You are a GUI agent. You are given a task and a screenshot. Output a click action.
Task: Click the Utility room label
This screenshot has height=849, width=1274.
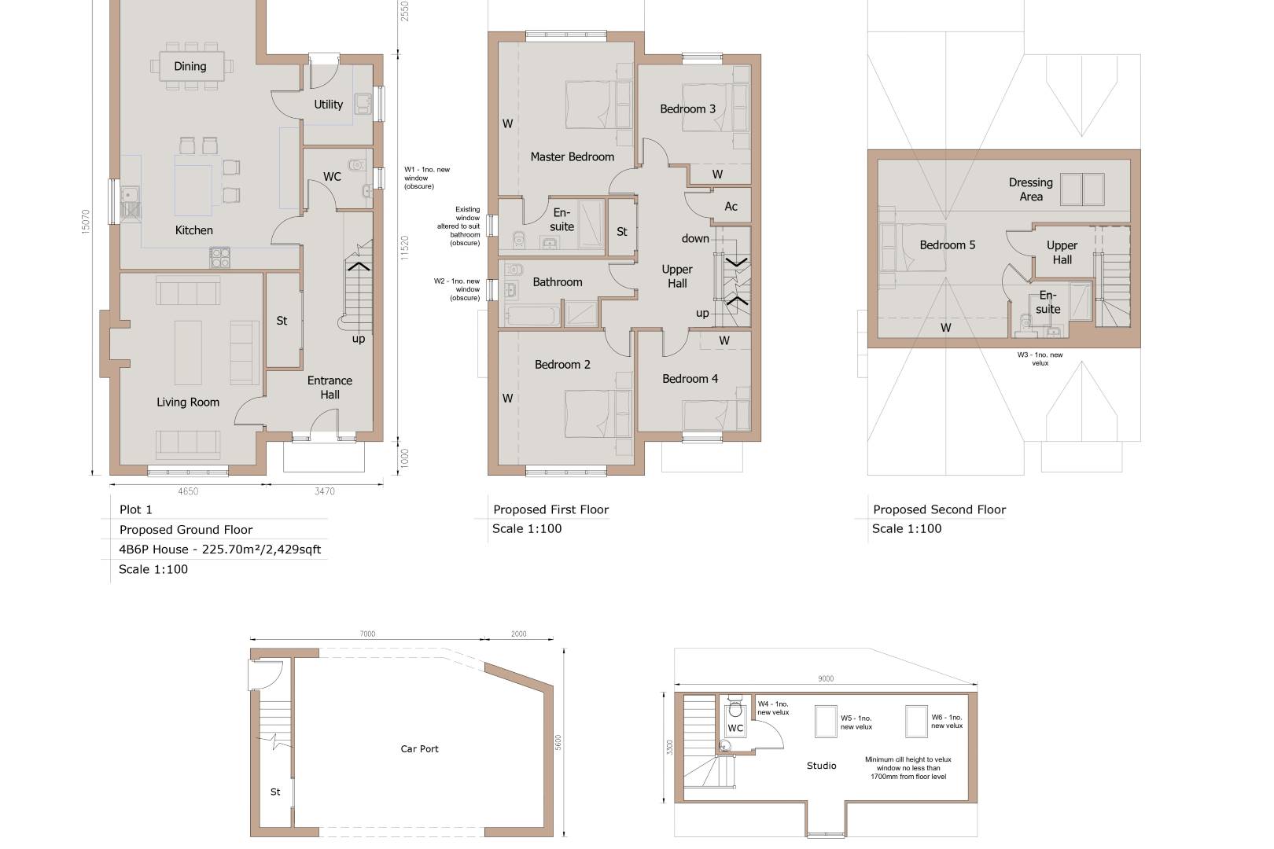coord(328,105)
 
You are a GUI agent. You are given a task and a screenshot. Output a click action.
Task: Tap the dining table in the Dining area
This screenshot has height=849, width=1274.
coord(190,67)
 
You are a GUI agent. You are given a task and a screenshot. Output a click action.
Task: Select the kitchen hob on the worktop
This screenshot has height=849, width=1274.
coord(219,256)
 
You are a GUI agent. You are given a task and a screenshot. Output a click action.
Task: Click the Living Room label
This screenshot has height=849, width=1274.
coord(188,402)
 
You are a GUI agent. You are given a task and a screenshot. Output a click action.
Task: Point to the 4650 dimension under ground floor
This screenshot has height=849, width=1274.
coord(188,492)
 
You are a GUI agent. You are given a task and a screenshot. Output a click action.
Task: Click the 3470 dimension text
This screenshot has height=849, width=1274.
coord(324,492)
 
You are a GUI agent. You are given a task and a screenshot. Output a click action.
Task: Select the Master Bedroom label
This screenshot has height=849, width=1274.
coord(572,157)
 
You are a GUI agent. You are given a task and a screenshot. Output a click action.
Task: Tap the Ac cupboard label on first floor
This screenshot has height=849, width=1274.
coord(731,207)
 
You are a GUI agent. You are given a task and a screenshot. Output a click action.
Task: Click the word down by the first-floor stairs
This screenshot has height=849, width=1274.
coord(695,239)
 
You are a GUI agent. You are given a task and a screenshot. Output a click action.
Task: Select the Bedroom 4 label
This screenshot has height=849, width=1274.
coord(690,379)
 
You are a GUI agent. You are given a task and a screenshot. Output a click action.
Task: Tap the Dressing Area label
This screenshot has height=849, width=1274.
coord(1030,189)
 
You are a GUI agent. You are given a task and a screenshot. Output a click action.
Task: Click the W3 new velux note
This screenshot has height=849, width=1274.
coord(1040,358)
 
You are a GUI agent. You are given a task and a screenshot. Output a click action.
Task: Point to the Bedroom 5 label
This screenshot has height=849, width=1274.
coord(947,245)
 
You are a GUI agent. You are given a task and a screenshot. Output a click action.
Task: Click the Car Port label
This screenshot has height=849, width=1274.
coord(419,749)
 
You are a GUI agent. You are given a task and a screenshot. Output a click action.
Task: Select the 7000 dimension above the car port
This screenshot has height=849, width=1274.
coord(367,634)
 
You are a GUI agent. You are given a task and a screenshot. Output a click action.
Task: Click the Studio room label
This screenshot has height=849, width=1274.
coord(821,766)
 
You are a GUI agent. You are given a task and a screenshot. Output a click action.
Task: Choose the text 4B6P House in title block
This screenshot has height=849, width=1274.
coord(154,549)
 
